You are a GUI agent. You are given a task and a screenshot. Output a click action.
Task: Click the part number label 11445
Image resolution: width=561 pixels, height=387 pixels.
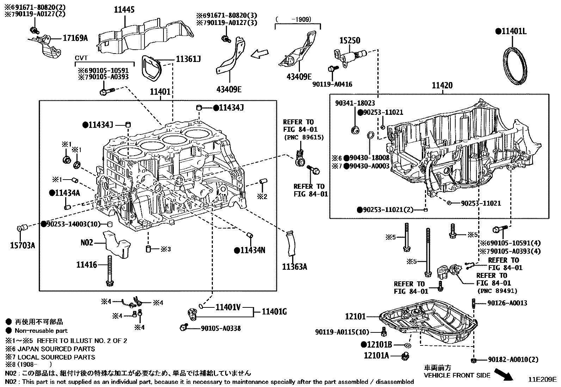coord(124,10)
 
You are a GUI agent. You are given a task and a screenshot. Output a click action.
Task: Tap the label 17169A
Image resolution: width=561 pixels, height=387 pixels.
coord(75,38)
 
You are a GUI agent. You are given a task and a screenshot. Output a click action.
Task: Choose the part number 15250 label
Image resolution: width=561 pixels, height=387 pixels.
coord(350,40)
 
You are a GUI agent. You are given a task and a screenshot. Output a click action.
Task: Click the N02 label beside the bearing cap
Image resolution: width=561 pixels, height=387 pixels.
coord(87,243)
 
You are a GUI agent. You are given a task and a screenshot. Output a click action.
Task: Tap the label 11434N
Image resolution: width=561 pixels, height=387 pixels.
coord(253,250)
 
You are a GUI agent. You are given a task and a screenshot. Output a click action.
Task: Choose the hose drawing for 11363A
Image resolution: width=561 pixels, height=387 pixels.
coord(290,243)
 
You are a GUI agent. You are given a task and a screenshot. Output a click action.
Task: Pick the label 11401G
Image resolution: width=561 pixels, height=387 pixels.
coord(274,311)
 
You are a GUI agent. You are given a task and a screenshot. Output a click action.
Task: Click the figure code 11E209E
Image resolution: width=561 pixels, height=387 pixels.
coord(542,380)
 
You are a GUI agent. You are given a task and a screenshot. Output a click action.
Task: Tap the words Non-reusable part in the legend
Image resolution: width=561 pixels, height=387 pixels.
coord(41,331)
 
